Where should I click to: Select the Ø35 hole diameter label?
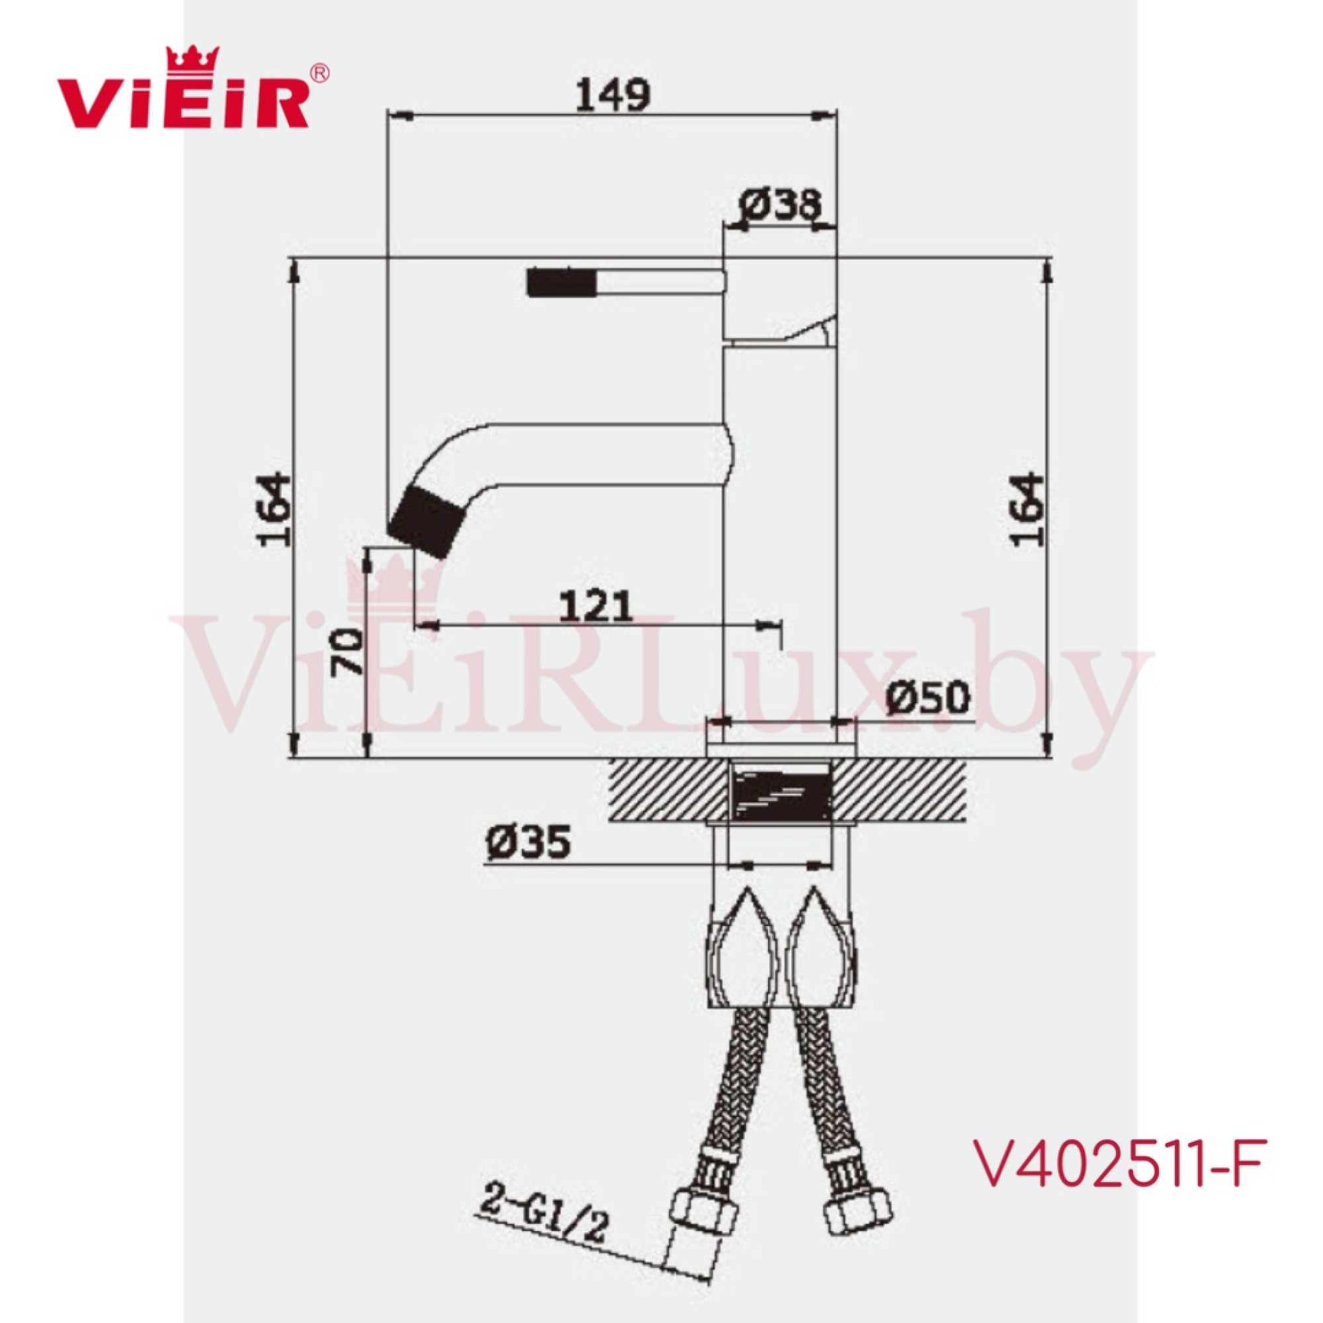(528, 841)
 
